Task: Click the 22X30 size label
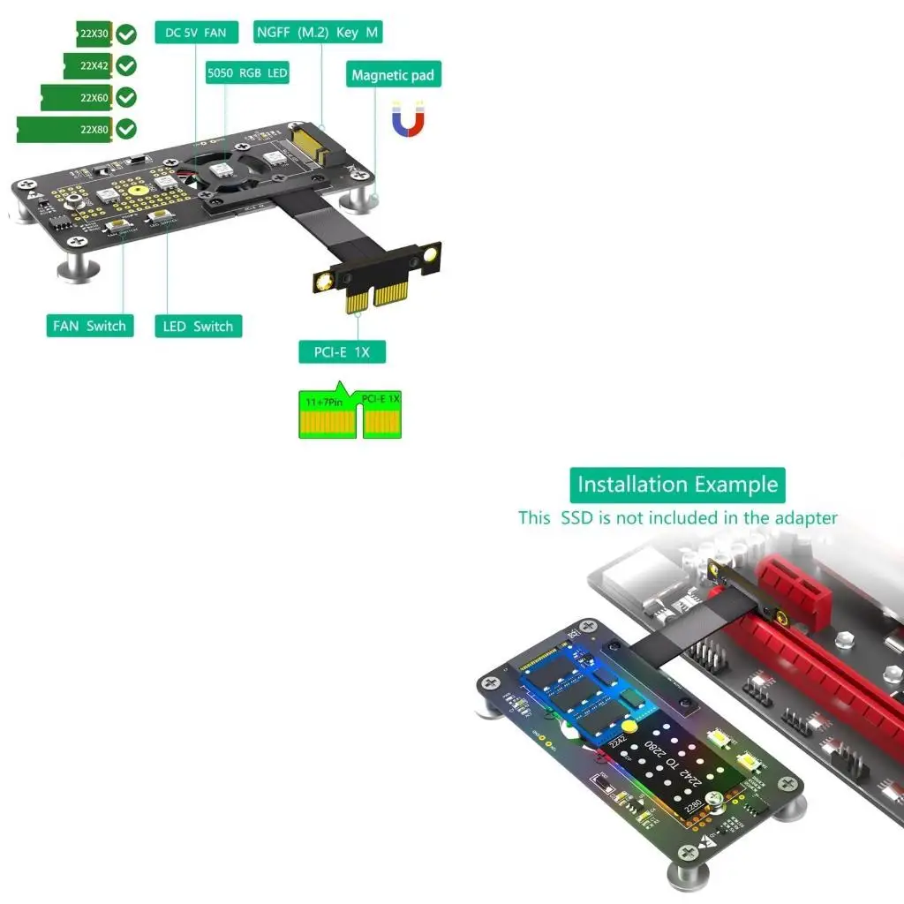(x=94, y=34)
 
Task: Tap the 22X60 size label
(x=94, y=97)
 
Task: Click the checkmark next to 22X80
(x=127, y=129)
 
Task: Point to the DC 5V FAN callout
(x=196, y=34)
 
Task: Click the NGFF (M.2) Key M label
(x=318, y=33)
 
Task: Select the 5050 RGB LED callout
(x=247, y=73)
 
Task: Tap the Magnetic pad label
(x=393, y=75)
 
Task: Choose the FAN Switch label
(x=89, y=326)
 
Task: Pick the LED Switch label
(x=198, y=327)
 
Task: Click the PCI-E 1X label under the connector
(x=342, y=351)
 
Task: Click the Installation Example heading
(x=677, y=485)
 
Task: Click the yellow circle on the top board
(x=138, y=189)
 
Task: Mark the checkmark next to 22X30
(x=127, y=34)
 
